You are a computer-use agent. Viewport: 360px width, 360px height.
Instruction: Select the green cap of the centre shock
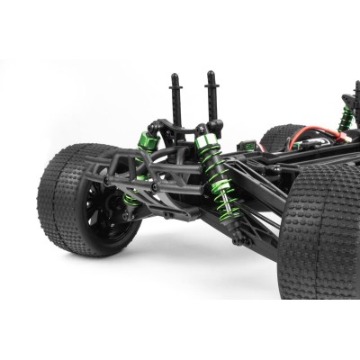[206, 142]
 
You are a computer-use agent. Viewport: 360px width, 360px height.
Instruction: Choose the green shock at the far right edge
[343, 117]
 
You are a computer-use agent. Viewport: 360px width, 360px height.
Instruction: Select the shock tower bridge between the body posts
[193, 126]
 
